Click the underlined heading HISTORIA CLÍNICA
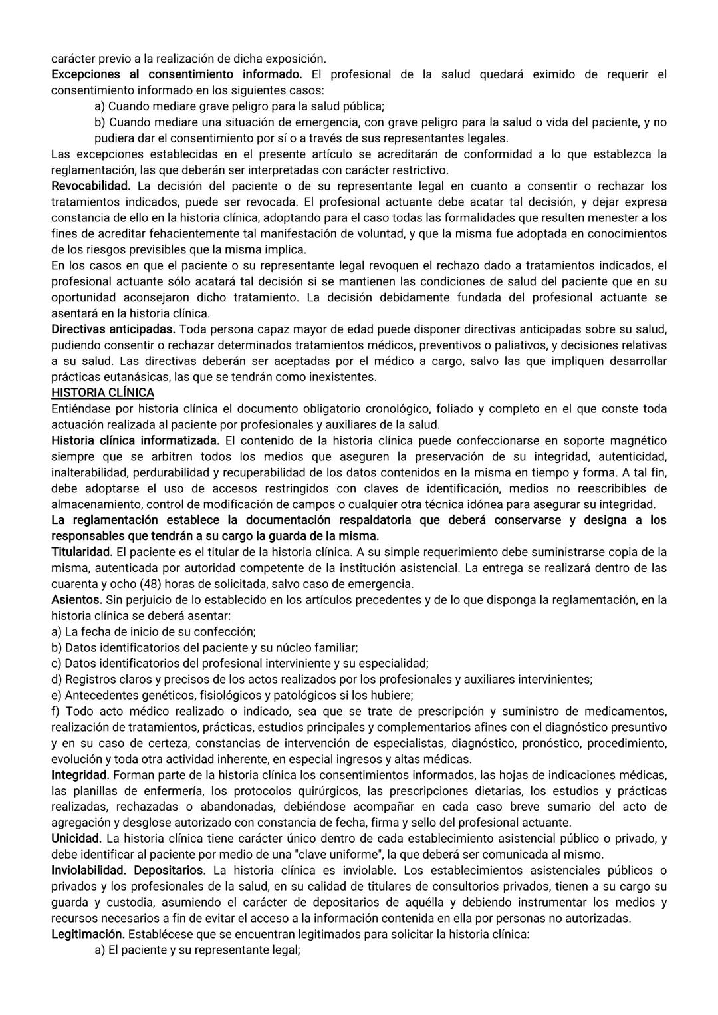102,392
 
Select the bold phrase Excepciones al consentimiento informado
176,74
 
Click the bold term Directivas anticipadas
114,329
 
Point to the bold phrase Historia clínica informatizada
135,440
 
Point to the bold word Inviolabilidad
89,870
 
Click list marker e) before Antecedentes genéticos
57,695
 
